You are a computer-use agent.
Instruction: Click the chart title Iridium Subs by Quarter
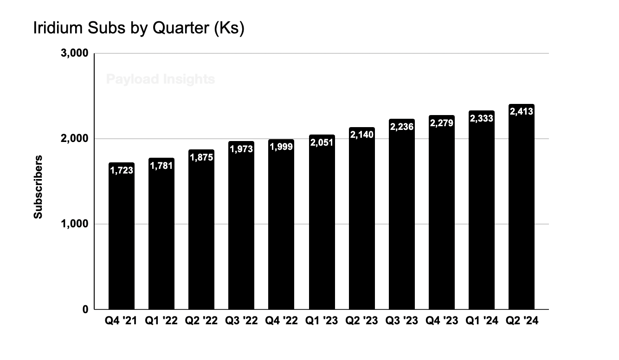138,29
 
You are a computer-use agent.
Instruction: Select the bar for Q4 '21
122,241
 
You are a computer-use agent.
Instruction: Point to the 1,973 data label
241,150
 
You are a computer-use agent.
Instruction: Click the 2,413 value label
522,111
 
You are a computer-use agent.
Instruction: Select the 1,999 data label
281,148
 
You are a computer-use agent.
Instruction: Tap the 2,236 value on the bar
401,127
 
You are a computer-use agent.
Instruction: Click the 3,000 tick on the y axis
74,53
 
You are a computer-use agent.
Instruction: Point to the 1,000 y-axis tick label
74,224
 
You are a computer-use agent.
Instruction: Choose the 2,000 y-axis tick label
74,139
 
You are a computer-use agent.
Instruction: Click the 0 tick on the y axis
84,309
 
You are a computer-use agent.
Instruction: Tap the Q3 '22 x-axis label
241,321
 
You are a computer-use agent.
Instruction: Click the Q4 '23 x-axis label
441,321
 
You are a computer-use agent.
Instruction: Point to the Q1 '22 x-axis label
161,321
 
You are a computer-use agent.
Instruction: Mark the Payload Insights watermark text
161,79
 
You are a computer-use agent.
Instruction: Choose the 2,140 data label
361,135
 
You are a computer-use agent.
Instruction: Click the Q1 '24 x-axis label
482,321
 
